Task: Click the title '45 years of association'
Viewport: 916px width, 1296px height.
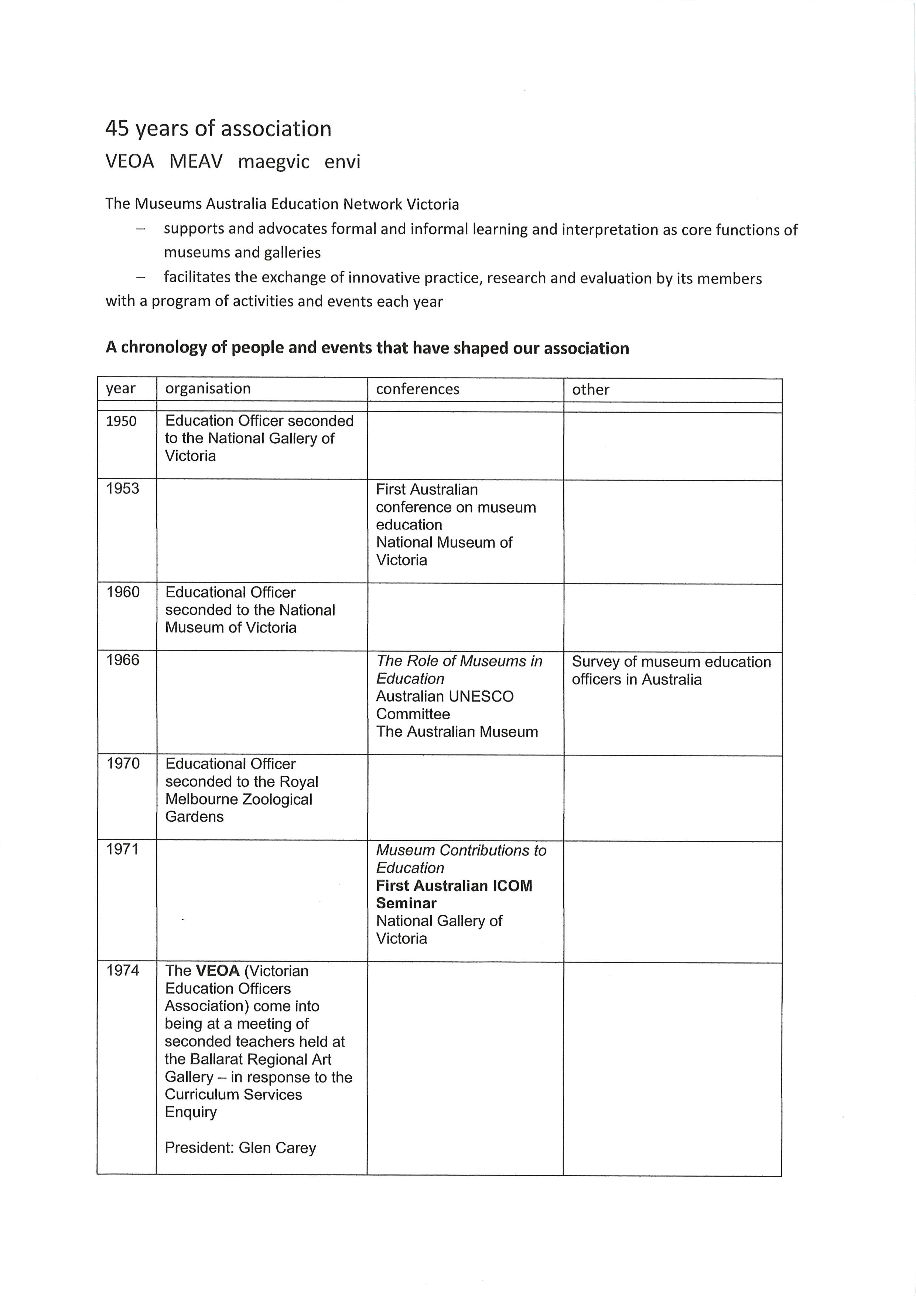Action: point(218,129)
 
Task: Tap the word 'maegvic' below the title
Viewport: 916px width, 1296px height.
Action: point(274,162)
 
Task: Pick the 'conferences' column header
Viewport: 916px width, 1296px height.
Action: point(418,389)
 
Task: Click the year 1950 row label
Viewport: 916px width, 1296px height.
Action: point(122,421)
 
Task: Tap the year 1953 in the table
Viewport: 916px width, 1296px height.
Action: point(123,488)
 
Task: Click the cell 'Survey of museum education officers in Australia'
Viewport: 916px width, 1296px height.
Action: point(671,670)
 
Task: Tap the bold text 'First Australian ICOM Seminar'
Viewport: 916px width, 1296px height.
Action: point(454,894)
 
